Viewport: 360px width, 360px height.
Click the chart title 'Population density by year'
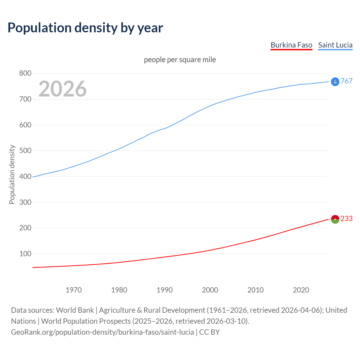pos(85,28)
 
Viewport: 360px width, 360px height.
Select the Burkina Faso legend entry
pos(291,45)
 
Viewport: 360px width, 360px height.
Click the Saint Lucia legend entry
pos(335,45)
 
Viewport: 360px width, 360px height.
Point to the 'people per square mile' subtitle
pos(180,60)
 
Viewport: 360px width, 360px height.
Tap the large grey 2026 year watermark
pos(62,89)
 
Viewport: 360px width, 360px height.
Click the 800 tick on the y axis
pos(25,73)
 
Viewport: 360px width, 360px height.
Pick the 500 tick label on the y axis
pos(25,151)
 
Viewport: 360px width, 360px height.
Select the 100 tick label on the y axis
pos(25,254)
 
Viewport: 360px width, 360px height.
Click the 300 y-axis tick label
pos(25,202)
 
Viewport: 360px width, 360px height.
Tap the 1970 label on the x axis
pos(74,290)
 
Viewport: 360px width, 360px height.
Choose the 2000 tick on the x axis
pos(210,290)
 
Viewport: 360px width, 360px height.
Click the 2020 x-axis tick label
pos(301,290)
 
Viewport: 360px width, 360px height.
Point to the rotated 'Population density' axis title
pos(12,174)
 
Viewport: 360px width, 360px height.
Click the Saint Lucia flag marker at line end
pos(335,82)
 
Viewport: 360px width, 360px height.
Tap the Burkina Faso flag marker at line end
pos(335,219)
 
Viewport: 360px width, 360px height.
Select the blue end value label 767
pos(346,81)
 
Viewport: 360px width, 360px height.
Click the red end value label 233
pos(346,219)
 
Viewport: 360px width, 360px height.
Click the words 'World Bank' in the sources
pos(75,310)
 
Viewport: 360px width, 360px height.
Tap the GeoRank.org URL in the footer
pos(102,332)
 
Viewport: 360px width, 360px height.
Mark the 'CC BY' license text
pos(210,332)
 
